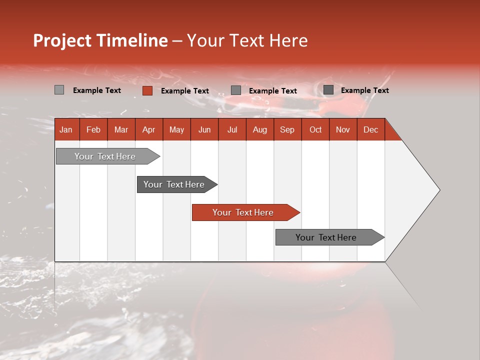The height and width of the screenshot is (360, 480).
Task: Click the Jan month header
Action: point(66,130)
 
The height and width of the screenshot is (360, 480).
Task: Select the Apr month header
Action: point(148,130)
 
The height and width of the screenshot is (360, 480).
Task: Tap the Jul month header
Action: point(232,130)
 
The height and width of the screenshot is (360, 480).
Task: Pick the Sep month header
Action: point(287,130)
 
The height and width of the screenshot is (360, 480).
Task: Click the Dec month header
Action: point(370,130)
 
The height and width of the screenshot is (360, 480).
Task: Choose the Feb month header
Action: point(93,130)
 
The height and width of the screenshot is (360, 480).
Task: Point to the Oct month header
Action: point(315,130)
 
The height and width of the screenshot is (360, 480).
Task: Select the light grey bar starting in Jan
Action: point(105,156)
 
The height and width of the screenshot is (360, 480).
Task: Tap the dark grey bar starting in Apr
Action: point(174,184)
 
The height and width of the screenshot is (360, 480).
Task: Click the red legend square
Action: point(147,90)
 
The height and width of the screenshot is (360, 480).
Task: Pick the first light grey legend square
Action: point(59,90)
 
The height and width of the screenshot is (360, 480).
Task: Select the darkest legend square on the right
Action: point(328,90)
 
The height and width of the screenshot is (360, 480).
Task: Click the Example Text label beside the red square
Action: point(185,91)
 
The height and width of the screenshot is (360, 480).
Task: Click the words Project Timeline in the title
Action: point(100,40)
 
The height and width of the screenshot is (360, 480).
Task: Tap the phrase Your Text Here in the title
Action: point(247,40)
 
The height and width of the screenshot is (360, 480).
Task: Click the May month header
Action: point(176,130)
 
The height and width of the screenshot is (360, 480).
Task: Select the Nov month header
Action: point(342,130)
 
